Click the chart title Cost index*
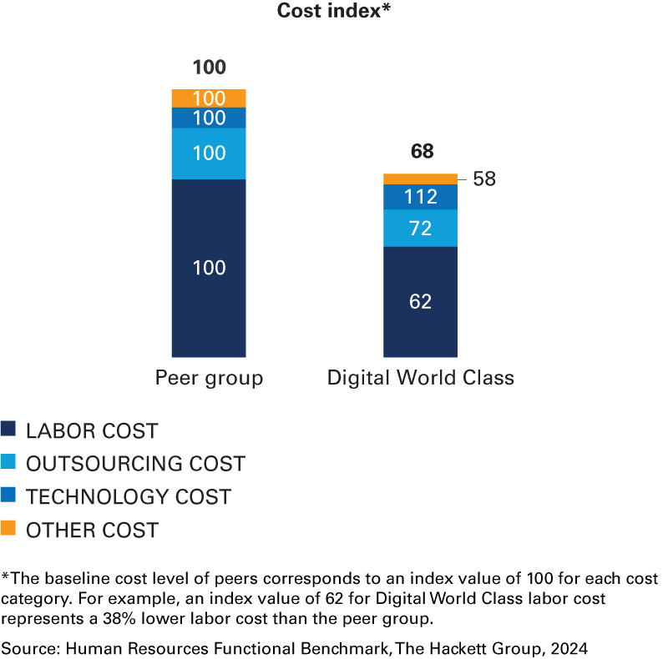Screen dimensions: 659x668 tap(333, 12)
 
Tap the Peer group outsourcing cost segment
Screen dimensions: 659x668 tap(209, 153)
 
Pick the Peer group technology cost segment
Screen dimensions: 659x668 tap(209, 118)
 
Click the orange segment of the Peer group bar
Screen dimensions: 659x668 tap(209, 98)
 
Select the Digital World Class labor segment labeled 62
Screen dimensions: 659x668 tap(420, 301)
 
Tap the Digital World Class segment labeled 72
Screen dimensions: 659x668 tap(420, 228)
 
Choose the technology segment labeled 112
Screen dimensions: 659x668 tap(420, 197)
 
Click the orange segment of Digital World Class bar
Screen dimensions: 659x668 tap(420, 179)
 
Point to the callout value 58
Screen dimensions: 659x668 tap(484, 179)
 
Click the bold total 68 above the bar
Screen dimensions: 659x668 tap(422, 152)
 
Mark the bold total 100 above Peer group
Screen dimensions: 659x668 tap(209, 68)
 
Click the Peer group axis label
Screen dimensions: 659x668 tap(209, 378)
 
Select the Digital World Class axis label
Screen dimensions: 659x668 tap(420, 378)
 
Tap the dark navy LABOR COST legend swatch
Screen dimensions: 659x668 tap(8, 430)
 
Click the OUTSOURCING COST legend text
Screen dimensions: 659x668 tap(135, 464)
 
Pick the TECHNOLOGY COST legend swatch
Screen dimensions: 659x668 tap(8, 496)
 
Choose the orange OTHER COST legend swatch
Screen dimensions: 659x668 tap(8, 528)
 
